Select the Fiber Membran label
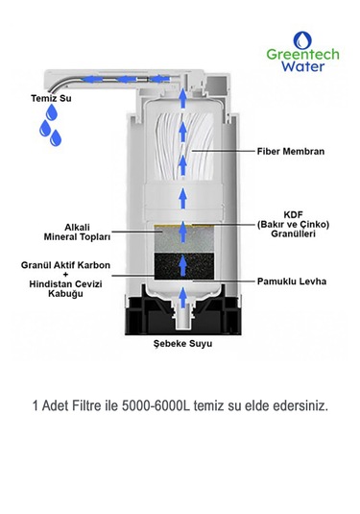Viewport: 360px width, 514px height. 292,152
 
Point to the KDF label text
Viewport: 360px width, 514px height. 293,215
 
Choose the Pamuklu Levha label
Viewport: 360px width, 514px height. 292,281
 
